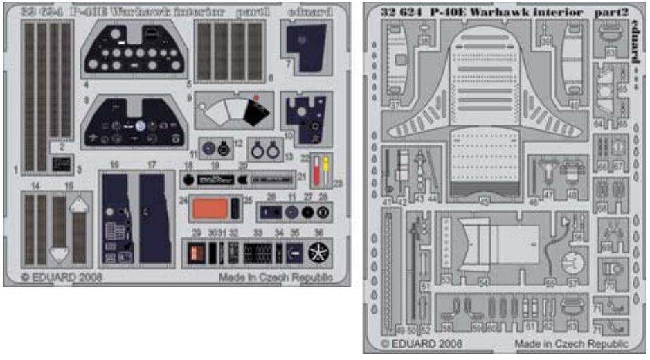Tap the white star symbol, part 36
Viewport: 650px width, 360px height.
[x=318, y=253]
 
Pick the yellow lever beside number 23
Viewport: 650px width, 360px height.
[x=325, y=166]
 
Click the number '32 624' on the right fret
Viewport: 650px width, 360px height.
[x=408, y=13]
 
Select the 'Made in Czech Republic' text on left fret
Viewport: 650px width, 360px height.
[x=276, y=278]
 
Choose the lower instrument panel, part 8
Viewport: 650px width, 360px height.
[x=136, y=123]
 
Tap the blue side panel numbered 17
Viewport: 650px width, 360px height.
[x=155, y=217]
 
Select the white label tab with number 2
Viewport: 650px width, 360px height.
[x=62, y=147]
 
